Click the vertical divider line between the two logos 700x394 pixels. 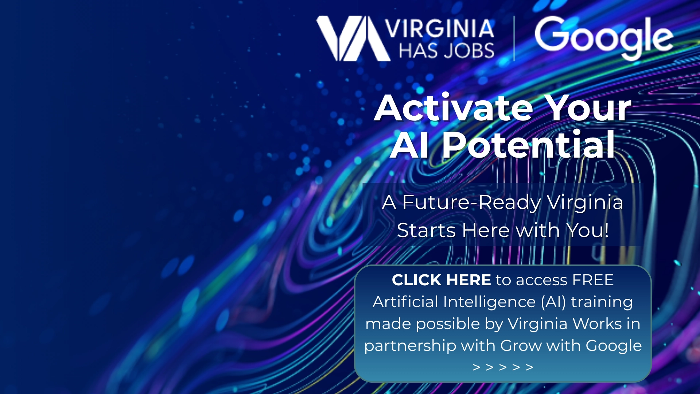point(514,38)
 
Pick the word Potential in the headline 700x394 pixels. point(529,145)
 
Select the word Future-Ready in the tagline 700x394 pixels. point(472,202)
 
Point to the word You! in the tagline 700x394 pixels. point(587,231)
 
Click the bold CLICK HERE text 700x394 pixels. point(442,280)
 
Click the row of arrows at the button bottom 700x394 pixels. point(503,367)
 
